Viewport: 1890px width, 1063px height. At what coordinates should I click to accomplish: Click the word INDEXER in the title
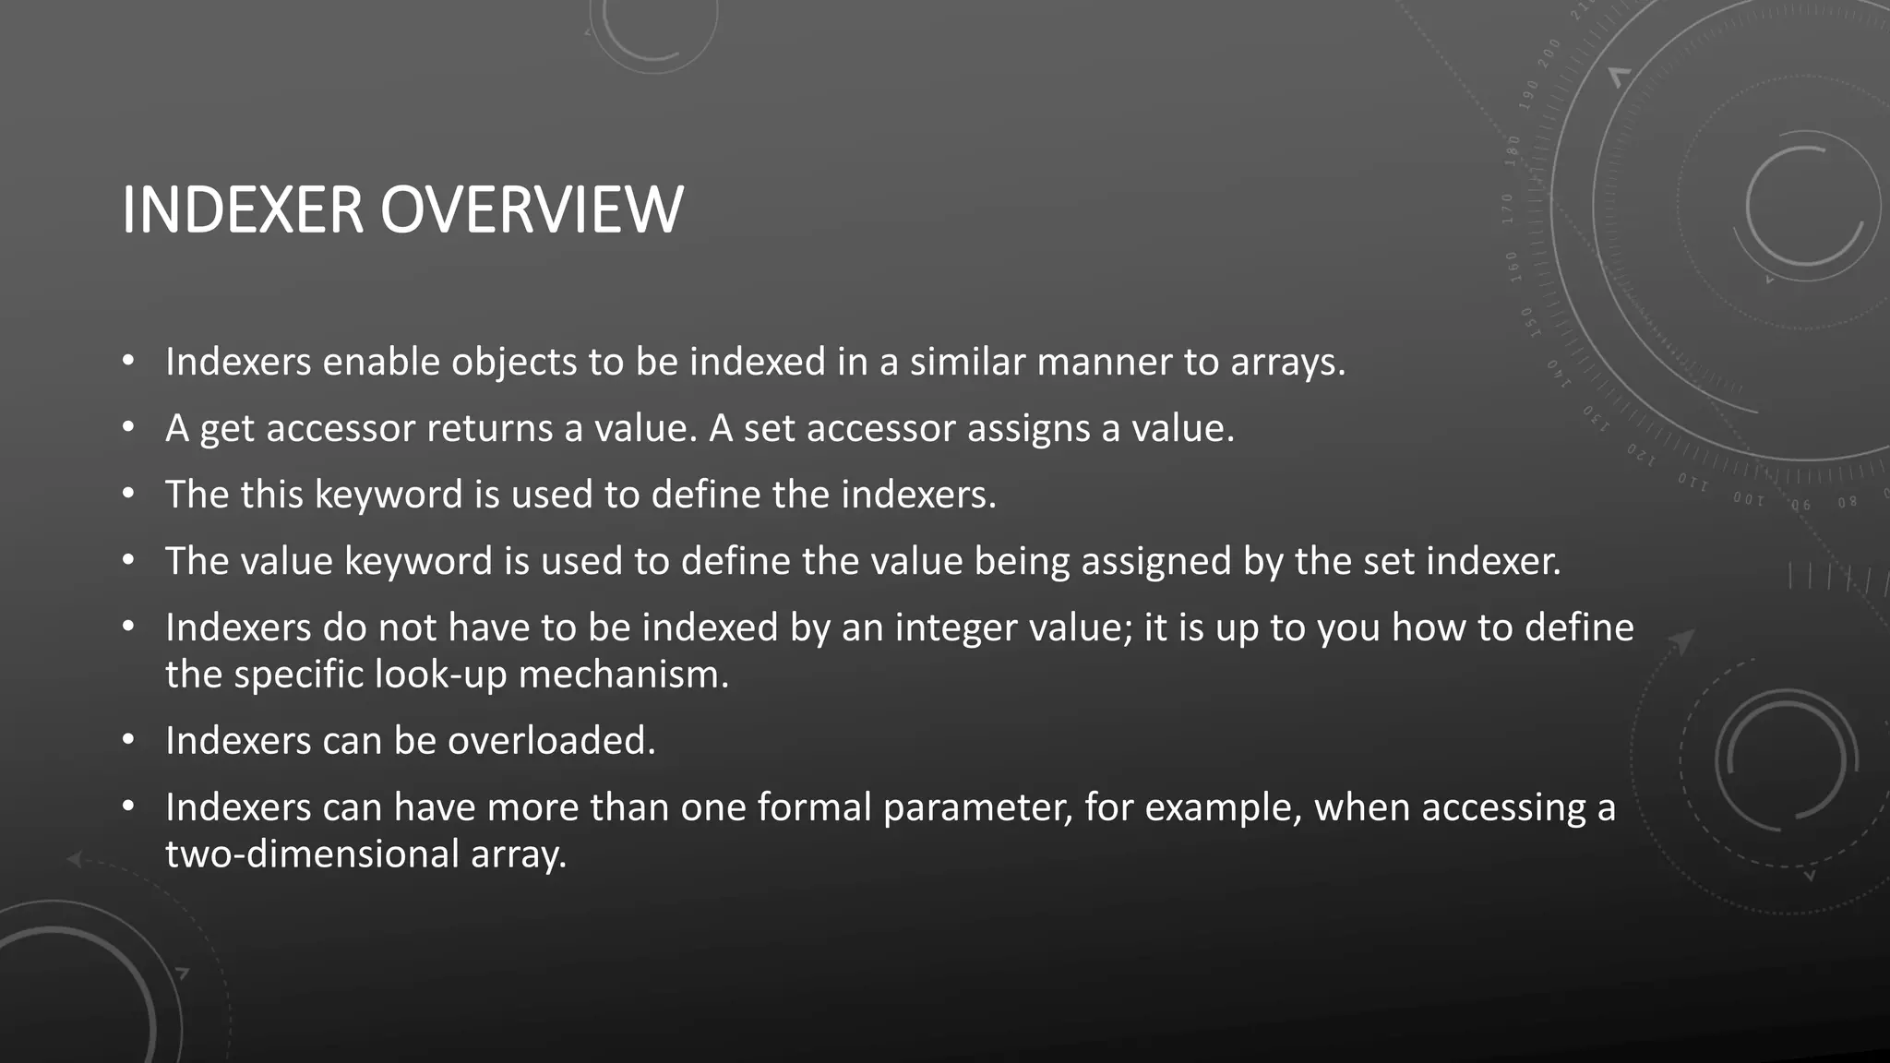pyautogui.click(x=243, y=210)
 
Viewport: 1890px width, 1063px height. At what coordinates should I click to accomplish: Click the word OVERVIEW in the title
pyautogui.click(x=532, y=210)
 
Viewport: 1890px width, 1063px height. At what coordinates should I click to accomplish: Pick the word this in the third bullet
pyautogui.click(x=272, y=495)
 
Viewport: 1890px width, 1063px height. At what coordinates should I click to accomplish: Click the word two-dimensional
pyautogui.click(x=312, y=854)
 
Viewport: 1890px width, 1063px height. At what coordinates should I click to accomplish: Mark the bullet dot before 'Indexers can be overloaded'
pyautogui.click(x=128, y=740)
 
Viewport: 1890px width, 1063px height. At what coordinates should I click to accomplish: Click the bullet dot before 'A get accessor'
pyautogui.click(x=128, y=428)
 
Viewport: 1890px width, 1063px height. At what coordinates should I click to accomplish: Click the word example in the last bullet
pyautogui.click(x=1223, y=808)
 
